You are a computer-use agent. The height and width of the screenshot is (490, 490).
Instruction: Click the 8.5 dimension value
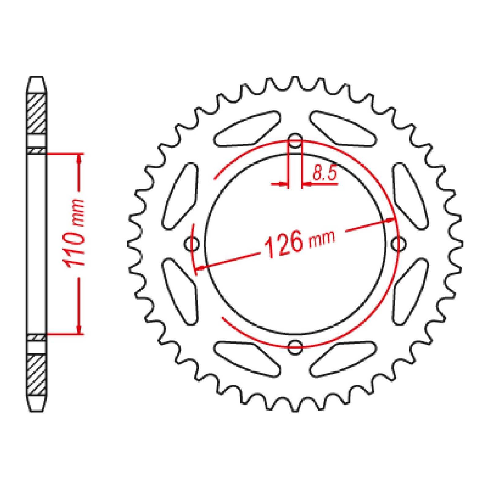[x=324, y=174]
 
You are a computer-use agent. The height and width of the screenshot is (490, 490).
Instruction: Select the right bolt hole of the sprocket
[x=398, y=244]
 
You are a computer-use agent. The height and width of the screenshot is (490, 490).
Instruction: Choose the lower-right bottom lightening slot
[x=343, y=358]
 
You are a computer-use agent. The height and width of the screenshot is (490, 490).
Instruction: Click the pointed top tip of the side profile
[x=37, y=78]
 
